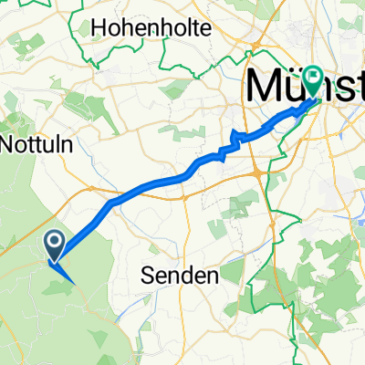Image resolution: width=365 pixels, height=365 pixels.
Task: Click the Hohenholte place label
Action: pyautogui.click(x=151, y=28)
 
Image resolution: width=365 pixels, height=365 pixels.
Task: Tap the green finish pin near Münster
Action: pyautogui.click(x=313, y=81)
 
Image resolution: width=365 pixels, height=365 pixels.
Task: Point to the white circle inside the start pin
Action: pyautogui.click(x=54, y=242)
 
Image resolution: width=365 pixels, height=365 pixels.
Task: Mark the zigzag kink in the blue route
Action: pyautogui.click(x=235, y=140)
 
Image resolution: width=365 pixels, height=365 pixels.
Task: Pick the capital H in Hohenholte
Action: pyautogui.click(x=99, y=28)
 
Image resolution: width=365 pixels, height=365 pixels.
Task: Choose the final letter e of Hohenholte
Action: pyautogui.click(x=206, y=28)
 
